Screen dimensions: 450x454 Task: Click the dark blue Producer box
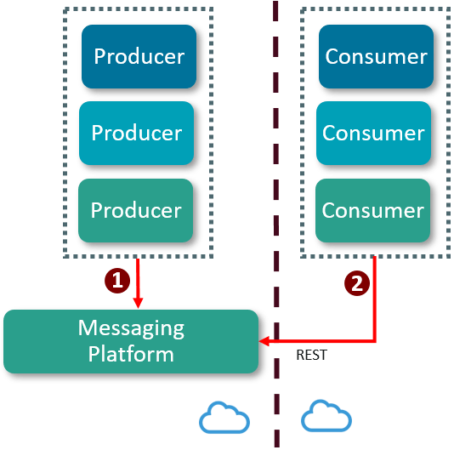(x=139, y=58)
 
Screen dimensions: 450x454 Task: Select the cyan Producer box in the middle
(x=137, y=134)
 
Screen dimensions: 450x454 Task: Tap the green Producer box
(x=137, y=210)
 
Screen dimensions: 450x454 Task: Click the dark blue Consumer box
(x=376, y=58)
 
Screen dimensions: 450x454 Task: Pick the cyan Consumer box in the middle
(x=373, y=134)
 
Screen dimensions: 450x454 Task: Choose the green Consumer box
(x=373, y=210)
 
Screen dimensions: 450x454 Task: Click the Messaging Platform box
(x=131, y=341)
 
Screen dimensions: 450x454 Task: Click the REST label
(x=311, y=356)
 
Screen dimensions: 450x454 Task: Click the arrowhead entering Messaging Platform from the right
(x=265, y=341)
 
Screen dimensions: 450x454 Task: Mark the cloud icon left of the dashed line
(x=224, y=417)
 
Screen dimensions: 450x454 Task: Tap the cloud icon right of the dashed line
(x=327, y=417)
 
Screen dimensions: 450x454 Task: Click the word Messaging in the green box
(x=131, y=328)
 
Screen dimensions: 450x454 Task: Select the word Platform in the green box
(x=131, y=354)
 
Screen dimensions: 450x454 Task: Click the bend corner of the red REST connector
(x=375, y=341)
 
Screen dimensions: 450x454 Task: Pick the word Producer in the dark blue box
(x=139, y=58)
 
